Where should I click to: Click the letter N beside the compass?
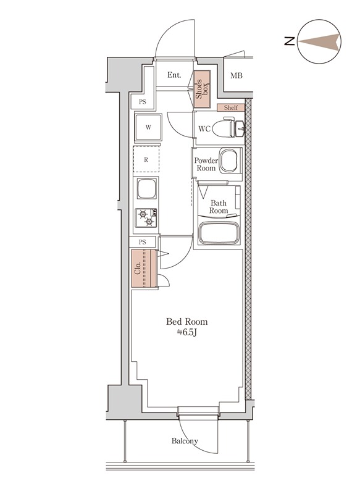(288, 42)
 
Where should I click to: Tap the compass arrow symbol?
(319, 42)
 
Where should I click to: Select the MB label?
(237, 76)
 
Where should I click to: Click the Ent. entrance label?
(174, 75)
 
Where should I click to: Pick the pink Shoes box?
(202, 86)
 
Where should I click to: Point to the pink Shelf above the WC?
(230, 107)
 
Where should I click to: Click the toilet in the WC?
(236, 128)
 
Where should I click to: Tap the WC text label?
(206, 129)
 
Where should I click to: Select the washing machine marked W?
(148, 128)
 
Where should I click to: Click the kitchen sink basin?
(148, 188)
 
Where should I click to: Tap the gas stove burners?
(148, 218)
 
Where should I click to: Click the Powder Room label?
(206, 164)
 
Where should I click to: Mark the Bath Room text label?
(219, 206)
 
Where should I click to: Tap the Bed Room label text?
(187, 322)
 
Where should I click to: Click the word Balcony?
(185, 441)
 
